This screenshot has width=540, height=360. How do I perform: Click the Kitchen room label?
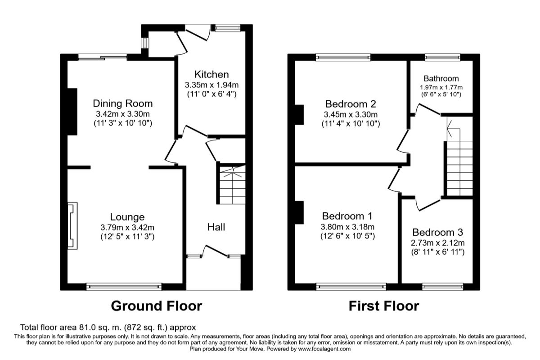click(211, 74)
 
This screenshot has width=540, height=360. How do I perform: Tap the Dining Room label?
click(123, 103)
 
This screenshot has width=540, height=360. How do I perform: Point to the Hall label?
click(216, 227)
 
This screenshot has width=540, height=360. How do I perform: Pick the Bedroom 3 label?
click(437, 233)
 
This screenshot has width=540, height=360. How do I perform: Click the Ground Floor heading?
click(156, 306)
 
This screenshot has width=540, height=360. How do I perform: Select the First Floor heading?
click(384, 306)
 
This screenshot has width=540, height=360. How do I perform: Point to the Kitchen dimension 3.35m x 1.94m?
click(211, 85)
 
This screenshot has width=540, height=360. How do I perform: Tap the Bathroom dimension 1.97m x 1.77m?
click(441, 87)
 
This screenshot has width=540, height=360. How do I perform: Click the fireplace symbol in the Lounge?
click(72, 225)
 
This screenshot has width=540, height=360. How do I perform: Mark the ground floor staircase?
click(233, 184)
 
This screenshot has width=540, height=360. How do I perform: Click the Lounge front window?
click(124, 286)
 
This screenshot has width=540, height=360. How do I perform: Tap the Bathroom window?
click(443, 57)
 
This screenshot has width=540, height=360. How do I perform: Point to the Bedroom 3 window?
click(443, 286)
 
